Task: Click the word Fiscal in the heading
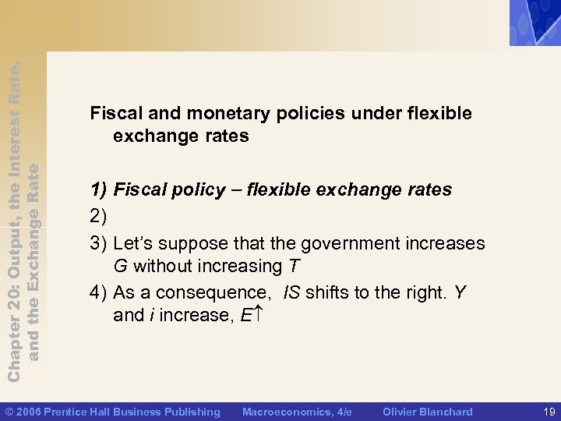pyautogui.click(x=113, y=113)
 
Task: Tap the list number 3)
pyautogui.click(x=99, y=243)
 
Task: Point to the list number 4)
pyautogui.click(x=99, y=292)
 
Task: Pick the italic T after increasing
pyautogui.click(x=293, y=266)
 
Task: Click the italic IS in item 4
pyautogui.click(x=291, y=292)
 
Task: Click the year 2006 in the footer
pyautogui.click(x=29, y=411)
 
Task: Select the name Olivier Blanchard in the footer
pyautogui.click(x=428, y=411)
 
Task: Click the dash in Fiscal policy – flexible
pyautogui.click(x=237, y=189)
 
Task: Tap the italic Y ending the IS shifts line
pyautogui.click(x=460, y=292)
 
